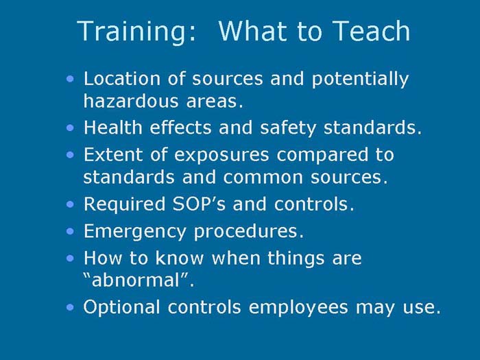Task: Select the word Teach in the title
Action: [x=372, y=32]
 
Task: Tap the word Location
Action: [x=121, y=79]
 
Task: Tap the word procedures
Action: [x=250, y=232]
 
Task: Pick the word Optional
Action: [x=119, y=308]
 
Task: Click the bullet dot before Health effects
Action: [x=72, y=128]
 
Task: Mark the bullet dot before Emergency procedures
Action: [x=72, y=231]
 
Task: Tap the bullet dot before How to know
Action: [x=72, y=259]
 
